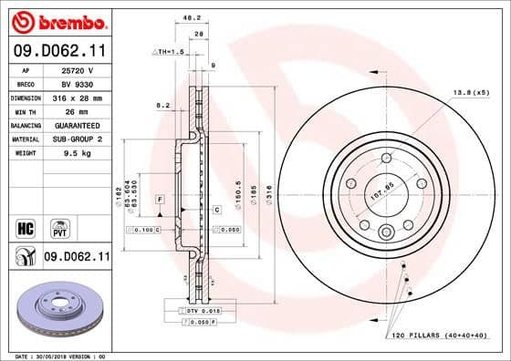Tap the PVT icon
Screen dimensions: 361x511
pos(58,225)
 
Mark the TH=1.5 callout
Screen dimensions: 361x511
pos(169,53)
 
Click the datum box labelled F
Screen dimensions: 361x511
pos(159,199)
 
